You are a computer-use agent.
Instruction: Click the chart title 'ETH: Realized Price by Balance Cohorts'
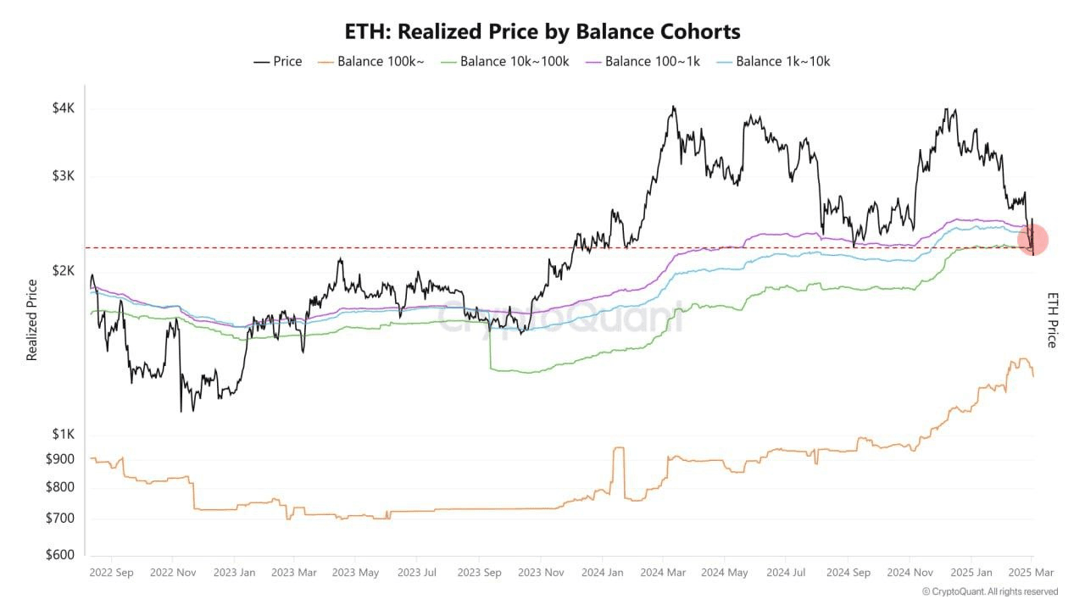click(x=542, y=32)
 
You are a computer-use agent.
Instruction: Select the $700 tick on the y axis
click(x=61, y=518)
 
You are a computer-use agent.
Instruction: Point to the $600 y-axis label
click(x=61, y=555)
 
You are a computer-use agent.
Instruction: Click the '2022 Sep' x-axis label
click(x=111, y=573)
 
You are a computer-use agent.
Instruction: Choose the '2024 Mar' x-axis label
click(x=664, y=573)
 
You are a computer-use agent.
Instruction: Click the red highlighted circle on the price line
click(x=1032, y=240)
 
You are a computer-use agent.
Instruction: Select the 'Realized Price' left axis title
click(x=32, y=320)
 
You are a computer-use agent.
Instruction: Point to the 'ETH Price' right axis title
click(x=1052, y=320)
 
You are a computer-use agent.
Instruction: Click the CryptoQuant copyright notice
click(x=989, y=591)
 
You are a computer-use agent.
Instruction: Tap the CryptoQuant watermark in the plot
click(x=559, y=318)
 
